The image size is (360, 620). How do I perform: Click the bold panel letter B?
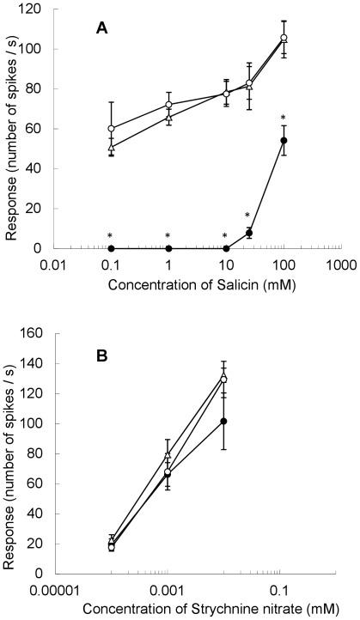[x=101, y=353]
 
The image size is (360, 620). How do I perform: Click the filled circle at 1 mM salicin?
[x=168, y=248]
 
